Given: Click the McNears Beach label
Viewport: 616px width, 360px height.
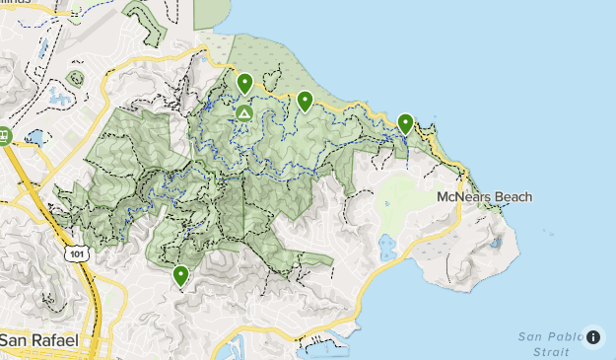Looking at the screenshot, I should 484,197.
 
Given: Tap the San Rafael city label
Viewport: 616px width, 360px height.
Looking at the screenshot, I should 39,340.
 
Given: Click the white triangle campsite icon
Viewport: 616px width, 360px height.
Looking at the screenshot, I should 243,114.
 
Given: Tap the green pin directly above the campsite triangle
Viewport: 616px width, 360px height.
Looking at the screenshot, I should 244,84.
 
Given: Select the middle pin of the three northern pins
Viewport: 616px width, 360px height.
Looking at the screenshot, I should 305,100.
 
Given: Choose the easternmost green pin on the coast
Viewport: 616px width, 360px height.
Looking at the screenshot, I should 405,123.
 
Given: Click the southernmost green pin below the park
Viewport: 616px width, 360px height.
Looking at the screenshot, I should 180,275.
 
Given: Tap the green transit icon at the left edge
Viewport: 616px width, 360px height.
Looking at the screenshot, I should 4,136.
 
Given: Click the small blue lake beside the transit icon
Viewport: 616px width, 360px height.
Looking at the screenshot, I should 36,137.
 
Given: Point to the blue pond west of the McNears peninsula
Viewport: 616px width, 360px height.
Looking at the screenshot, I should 387,247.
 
